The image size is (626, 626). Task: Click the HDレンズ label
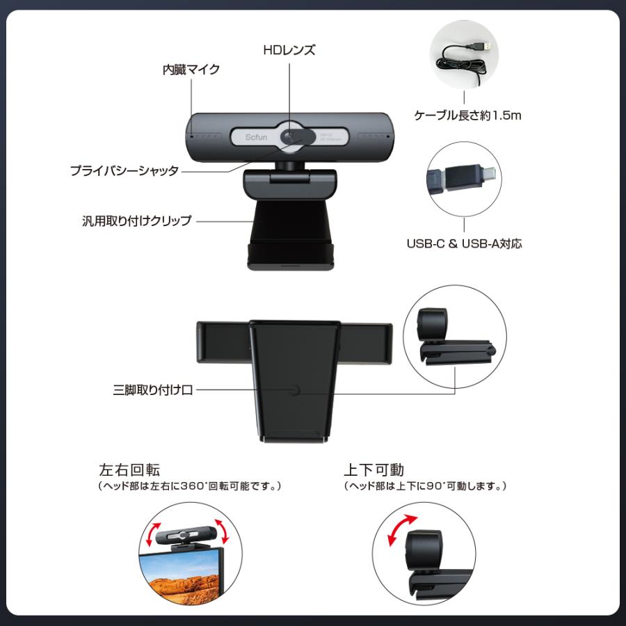click(x=289, y=50)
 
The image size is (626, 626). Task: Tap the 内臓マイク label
click(x=191, y=70)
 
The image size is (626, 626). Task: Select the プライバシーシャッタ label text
click(x=124, y=170)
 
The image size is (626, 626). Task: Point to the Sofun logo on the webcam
click(x=255, y=137)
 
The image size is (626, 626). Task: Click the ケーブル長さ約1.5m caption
click(x=467, y=115)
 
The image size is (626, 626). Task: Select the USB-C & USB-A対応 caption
click(x=464, y=243)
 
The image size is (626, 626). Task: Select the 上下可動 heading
click(x=374, y=469)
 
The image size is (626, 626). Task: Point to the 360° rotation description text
click(x=189, y=486)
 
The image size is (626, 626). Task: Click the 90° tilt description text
click(x=425, y=486)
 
